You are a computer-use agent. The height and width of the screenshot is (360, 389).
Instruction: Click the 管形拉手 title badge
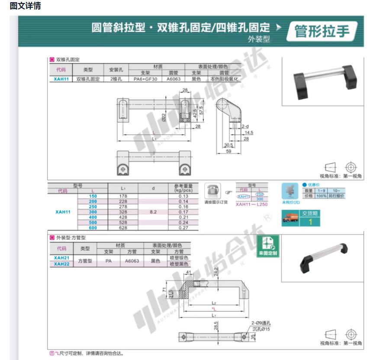point(322,32)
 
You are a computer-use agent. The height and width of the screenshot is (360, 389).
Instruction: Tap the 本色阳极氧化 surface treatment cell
point(225,80)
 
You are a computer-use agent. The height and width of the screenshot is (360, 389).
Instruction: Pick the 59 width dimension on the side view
point(228,151)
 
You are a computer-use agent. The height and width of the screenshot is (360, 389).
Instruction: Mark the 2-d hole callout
point(245,126)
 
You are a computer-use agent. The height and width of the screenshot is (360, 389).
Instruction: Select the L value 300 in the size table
point(93,212)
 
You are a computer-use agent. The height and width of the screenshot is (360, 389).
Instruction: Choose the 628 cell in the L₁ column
point(123,228)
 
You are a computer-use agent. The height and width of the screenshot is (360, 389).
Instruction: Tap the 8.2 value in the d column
point(153,212)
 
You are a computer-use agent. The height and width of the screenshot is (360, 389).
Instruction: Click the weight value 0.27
point(183,228)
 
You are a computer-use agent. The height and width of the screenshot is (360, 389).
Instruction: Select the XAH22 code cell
point(61,264)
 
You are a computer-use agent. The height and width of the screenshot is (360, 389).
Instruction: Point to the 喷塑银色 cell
point(179,258)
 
